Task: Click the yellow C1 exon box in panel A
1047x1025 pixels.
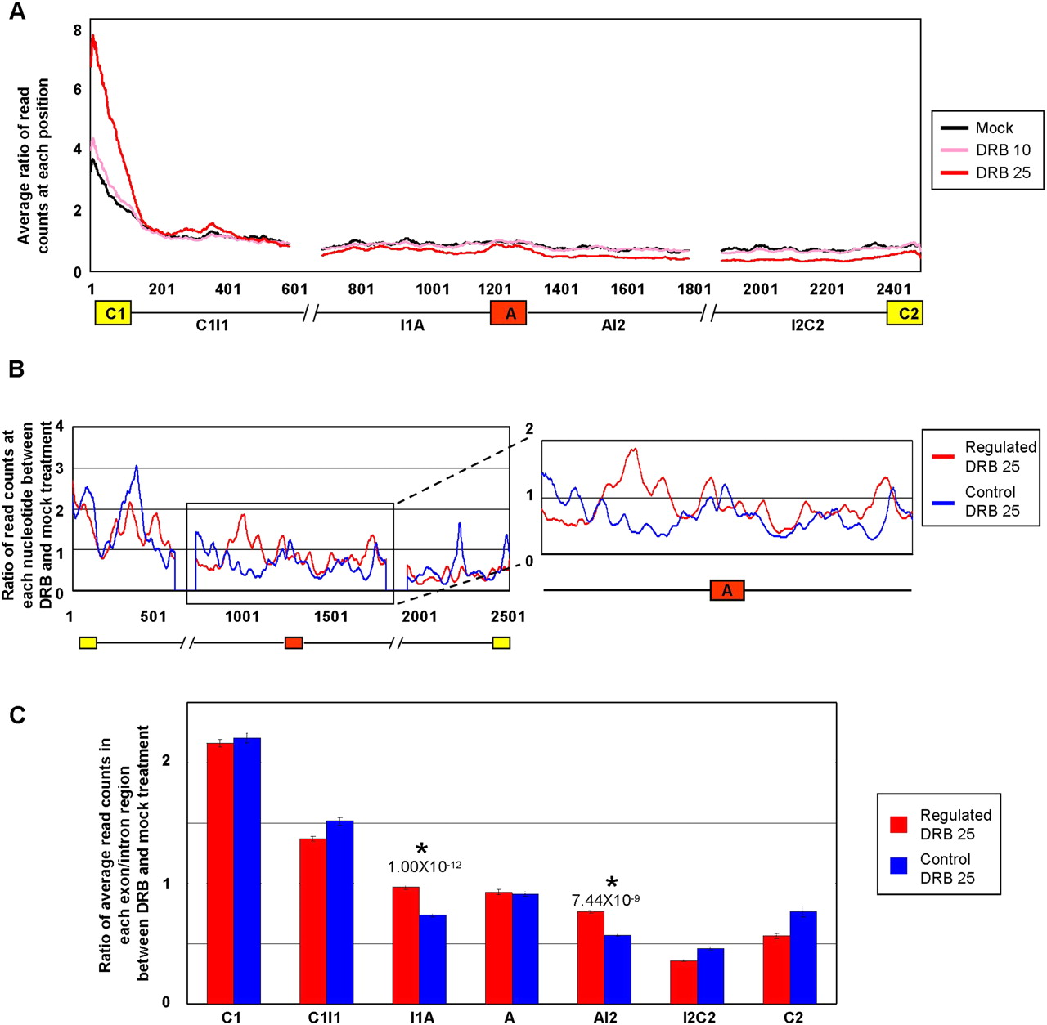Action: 113,313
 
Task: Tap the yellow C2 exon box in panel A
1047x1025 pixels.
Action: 905,313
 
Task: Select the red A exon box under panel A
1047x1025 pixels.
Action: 508,313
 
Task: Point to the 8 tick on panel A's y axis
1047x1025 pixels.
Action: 77,31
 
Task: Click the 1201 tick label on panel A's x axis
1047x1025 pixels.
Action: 494,289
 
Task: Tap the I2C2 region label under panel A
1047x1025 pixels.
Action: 807,325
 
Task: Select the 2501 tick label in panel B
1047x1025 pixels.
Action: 508,616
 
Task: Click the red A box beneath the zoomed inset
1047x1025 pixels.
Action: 727,590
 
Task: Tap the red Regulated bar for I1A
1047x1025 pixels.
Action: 406,945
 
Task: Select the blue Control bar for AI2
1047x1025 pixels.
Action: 618,969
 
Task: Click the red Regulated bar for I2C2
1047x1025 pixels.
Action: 683,982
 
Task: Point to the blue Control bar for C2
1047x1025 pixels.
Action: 802,957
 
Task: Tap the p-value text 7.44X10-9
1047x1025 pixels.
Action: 605,900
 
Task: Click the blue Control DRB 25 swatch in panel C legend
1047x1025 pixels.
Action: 900,869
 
